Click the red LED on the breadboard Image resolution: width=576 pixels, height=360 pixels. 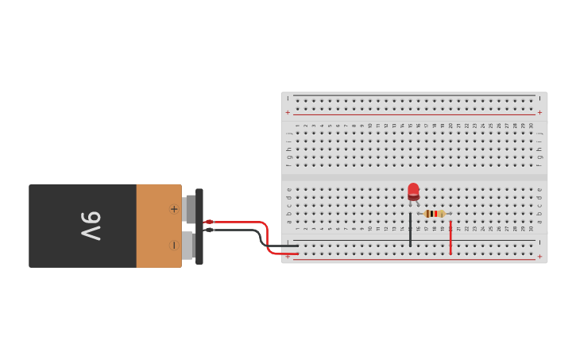pos(413,191)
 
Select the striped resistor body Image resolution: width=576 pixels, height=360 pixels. pos(433,214)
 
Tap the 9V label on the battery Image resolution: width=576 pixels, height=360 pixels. pos(90,226)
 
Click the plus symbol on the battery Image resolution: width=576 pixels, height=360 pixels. pos(173,209)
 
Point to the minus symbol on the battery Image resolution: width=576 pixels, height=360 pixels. pos(173,245)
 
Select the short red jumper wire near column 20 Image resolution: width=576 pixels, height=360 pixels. pos(450,238)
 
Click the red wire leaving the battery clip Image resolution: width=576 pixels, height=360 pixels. pos(238,223)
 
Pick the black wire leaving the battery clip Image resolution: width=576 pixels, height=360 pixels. pos(238,231)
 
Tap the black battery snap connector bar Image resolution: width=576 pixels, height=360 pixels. pos(199,226)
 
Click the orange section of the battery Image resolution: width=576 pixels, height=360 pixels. pos(158,226)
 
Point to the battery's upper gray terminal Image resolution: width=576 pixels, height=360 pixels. pos(189,208)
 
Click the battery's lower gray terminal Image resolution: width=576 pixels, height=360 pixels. pos(188,245)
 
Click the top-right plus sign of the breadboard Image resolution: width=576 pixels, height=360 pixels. pos(539,113)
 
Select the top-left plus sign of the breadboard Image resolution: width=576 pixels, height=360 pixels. pos(288,113)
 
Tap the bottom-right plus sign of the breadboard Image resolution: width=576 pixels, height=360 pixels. pos(539,257)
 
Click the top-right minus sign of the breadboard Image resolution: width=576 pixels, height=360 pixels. pos(539,99)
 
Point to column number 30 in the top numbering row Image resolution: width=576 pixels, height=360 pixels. pos(531,126)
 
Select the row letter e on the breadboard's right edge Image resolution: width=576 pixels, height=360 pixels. pos(539,189)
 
